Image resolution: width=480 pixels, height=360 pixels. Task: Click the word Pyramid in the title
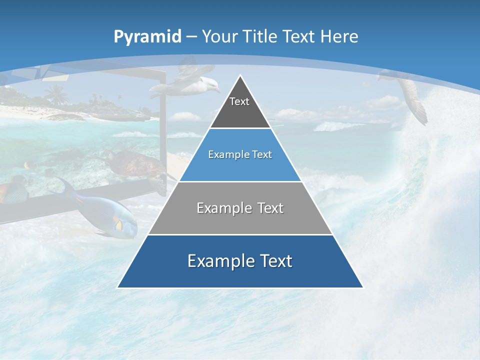[x=147, y=37]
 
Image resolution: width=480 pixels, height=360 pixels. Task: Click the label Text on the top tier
[x=239, y=101]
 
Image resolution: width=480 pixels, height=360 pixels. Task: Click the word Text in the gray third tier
[x=267, y=208]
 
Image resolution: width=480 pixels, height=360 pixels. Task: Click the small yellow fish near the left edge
[x=29, y=164]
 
